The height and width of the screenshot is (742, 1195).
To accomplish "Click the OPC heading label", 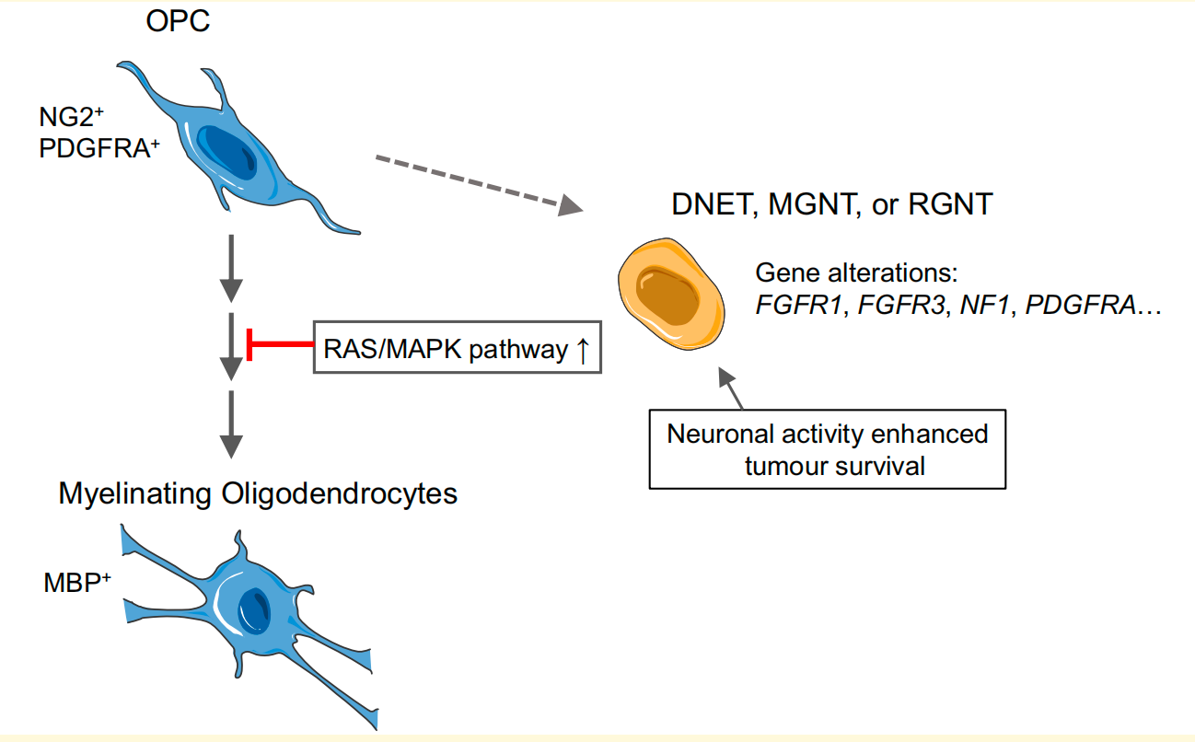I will point(178,21).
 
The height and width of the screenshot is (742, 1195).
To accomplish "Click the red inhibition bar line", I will point(281,344).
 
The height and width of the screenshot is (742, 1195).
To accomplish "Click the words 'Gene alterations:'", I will point(857,274).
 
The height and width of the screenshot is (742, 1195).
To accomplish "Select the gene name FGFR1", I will point(801,307).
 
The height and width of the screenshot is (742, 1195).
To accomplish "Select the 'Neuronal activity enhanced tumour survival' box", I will point(827,450).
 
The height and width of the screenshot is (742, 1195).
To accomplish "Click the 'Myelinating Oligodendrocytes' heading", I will point(258,493).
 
